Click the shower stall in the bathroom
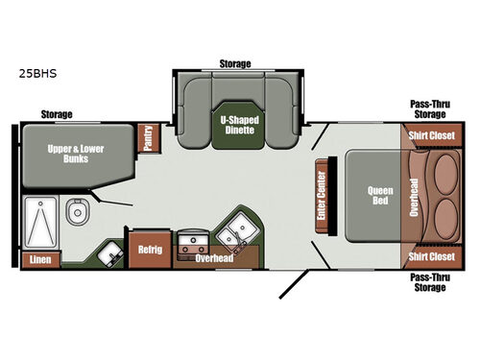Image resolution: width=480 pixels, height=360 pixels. point(40,221)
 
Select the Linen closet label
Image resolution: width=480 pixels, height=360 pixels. point(39,259)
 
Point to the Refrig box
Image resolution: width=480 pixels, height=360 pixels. point(150,250)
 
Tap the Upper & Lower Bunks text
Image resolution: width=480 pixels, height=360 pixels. point(77,154)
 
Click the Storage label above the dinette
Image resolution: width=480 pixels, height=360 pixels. point(234,64)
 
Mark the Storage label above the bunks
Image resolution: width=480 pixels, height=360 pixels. point(56,114)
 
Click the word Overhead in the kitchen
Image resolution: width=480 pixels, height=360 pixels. point(214,258)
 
